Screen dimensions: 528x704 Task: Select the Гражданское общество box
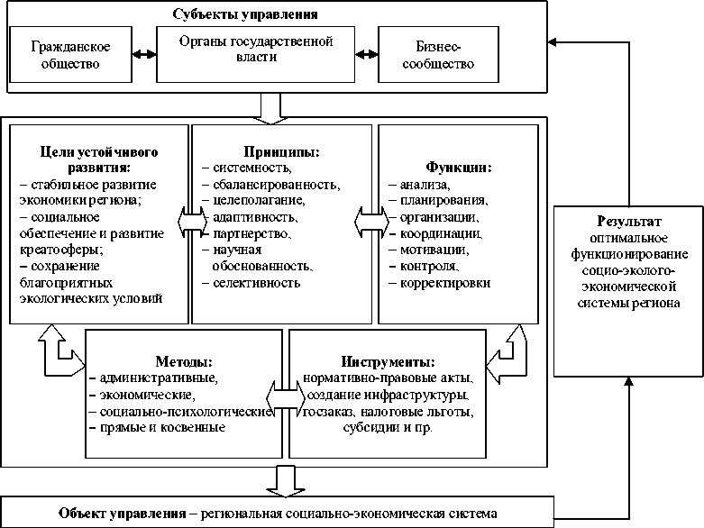point(64,54)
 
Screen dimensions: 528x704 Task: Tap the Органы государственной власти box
point(255,49)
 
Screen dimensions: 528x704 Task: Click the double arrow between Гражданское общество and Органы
point(142,54)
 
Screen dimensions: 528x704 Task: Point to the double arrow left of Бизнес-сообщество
point(366,54)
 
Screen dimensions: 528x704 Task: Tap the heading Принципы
point(280,152)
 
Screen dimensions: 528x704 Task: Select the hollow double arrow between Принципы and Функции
point(372,220)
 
